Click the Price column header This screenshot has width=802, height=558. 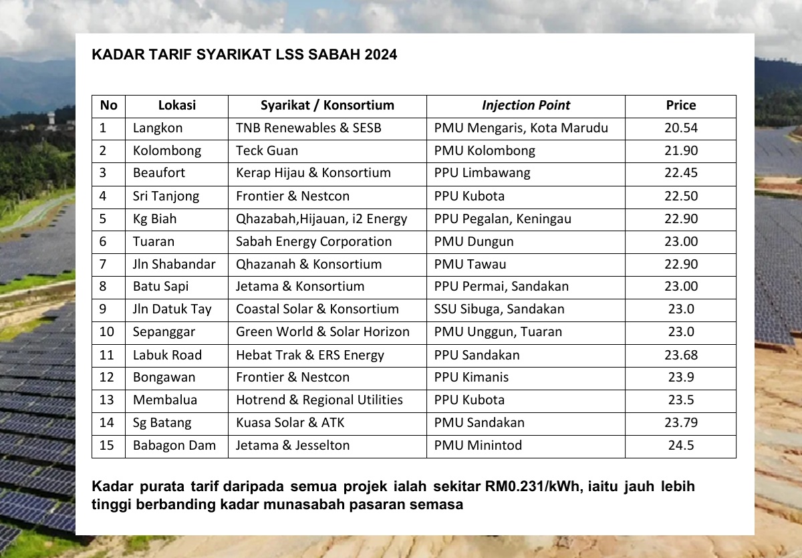coord(680,106)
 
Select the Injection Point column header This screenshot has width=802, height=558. coord(526,106)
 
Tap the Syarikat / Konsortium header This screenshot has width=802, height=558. coord(327,106)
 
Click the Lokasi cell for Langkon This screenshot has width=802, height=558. coord(158,128)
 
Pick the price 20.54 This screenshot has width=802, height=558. coord(680,128)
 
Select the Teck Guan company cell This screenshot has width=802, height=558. coord(267,150)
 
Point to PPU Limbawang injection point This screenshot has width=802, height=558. coord(482,173)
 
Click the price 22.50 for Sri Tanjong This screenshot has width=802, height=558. coord(680,196)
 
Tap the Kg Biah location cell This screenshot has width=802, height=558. coord(155,219)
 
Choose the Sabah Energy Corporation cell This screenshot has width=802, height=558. coord(313,241)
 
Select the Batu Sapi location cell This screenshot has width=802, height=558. coord(161,287)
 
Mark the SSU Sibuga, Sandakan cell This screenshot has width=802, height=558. coord(499,309)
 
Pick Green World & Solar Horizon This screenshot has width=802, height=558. coord(322,332)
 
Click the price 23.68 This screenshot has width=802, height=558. coord(680,355)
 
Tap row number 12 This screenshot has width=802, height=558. coord(107,378)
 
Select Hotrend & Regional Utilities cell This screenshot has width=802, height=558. coord(319,400)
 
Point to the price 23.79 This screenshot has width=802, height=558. coord(680,423)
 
